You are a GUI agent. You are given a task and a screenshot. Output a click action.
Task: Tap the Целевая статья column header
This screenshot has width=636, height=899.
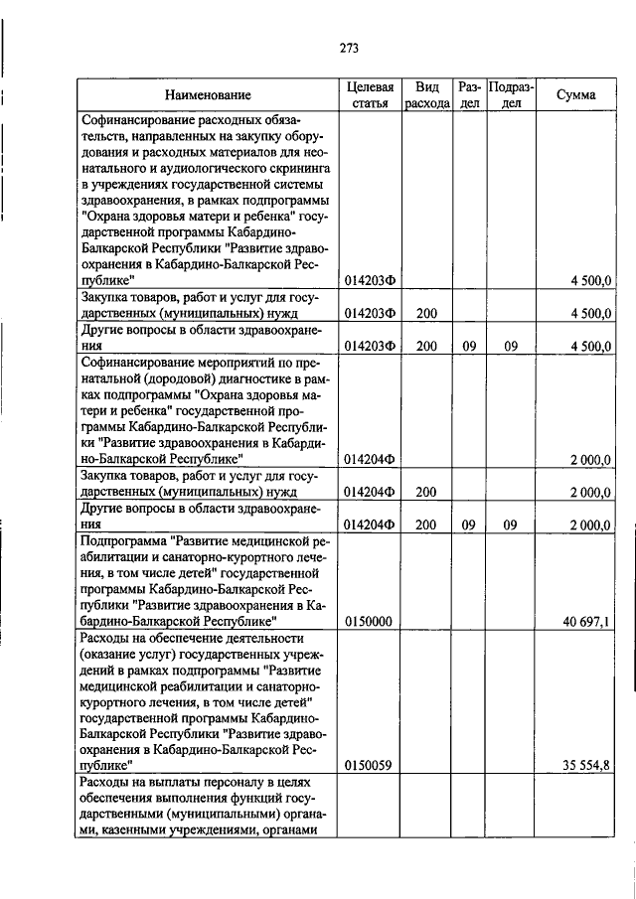pyautogui.click(x=370, y=95)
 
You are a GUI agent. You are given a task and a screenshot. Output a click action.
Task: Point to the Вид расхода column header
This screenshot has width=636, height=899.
pyautogui.click(x=426, y=95)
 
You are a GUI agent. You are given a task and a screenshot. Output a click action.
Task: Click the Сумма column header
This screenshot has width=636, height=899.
pyautogui.click(x=576, y=95)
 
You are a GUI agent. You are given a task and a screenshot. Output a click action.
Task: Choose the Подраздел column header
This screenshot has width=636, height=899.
pyautogui.click(x=511, y=95)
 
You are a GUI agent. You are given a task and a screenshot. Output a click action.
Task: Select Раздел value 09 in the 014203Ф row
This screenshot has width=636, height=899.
pyautogui.click(x=469, y=346)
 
